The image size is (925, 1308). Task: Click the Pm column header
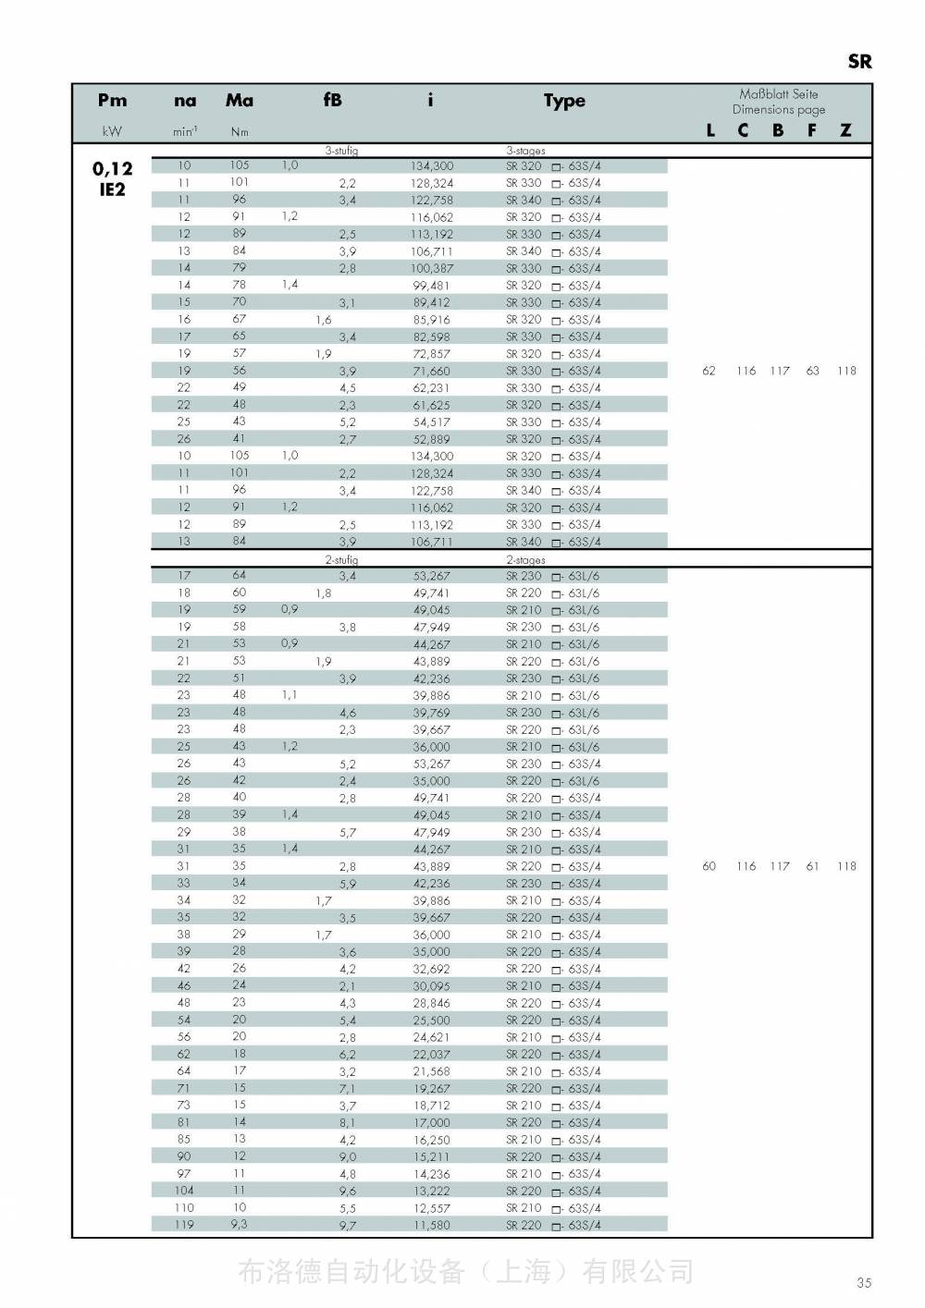pos(112,101)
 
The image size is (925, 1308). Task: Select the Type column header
pos(564,101)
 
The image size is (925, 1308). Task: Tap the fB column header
pos(332,100)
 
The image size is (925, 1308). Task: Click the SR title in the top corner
pos(859,62)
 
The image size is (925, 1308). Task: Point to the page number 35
pos(864,1282)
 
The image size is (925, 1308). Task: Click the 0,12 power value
pos(112,168)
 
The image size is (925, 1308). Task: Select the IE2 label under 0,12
pos(112,189)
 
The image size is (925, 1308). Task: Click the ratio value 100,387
pos(432,268)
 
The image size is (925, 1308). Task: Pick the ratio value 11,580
pos(432,1225)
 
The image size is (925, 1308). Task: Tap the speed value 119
pos(184,1225)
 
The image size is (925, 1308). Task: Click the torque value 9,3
pos(239,1224)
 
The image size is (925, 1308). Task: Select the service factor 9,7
pos(347,1225)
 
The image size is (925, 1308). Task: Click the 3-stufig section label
pos(341,151)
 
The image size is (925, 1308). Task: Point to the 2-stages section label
pos(525,560)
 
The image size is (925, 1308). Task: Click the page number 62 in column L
pos(709,371)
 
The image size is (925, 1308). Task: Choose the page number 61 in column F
pos(812,866)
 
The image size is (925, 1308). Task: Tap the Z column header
pos(845,130)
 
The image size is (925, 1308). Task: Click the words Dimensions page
pos(779,109)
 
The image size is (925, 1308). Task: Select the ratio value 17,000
pos(432,1122)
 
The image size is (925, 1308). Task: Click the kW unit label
pos(112,131)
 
